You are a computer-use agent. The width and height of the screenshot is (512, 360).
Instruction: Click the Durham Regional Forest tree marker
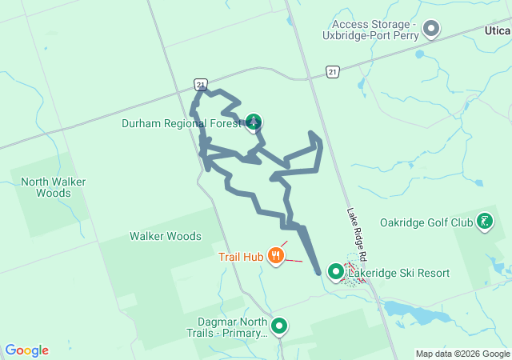point(254,122)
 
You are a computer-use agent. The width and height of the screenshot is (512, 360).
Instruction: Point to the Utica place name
point(497,29)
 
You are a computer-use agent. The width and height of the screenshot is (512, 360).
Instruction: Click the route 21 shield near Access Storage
point(332,72)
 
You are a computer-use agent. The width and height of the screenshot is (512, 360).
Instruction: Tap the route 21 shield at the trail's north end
point(200,84)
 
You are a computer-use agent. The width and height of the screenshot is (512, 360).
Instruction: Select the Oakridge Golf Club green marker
point(485,222)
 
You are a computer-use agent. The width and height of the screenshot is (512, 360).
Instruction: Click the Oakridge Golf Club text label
point(426,222)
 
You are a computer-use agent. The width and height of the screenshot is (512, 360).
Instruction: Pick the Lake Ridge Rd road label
point(356,236)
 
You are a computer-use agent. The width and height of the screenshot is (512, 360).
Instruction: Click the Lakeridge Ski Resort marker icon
point(336,273)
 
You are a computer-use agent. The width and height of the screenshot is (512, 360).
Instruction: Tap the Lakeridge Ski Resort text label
point(398,273)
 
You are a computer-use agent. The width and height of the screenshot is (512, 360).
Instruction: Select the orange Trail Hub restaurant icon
point(276,256)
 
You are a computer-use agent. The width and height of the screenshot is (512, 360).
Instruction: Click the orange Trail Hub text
point(241,257)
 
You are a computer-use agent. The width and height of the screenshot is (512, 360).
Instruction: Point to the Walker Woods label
point(166,236)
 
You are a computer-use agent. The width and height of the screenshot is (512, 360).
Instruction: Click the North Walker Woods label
point(54,187)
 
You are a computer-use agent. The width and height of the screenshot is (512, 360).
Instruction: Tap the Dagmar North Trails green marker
point(279,326)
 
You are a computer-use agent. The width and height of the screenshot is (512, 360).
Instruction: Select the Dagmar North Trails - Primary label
point(226,326)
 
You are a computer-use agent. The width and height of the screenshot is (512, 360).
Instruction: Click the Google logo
point(26,350)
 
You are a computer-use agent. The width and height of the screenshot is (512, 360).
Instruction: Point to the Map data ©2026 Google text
point(462,354)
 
